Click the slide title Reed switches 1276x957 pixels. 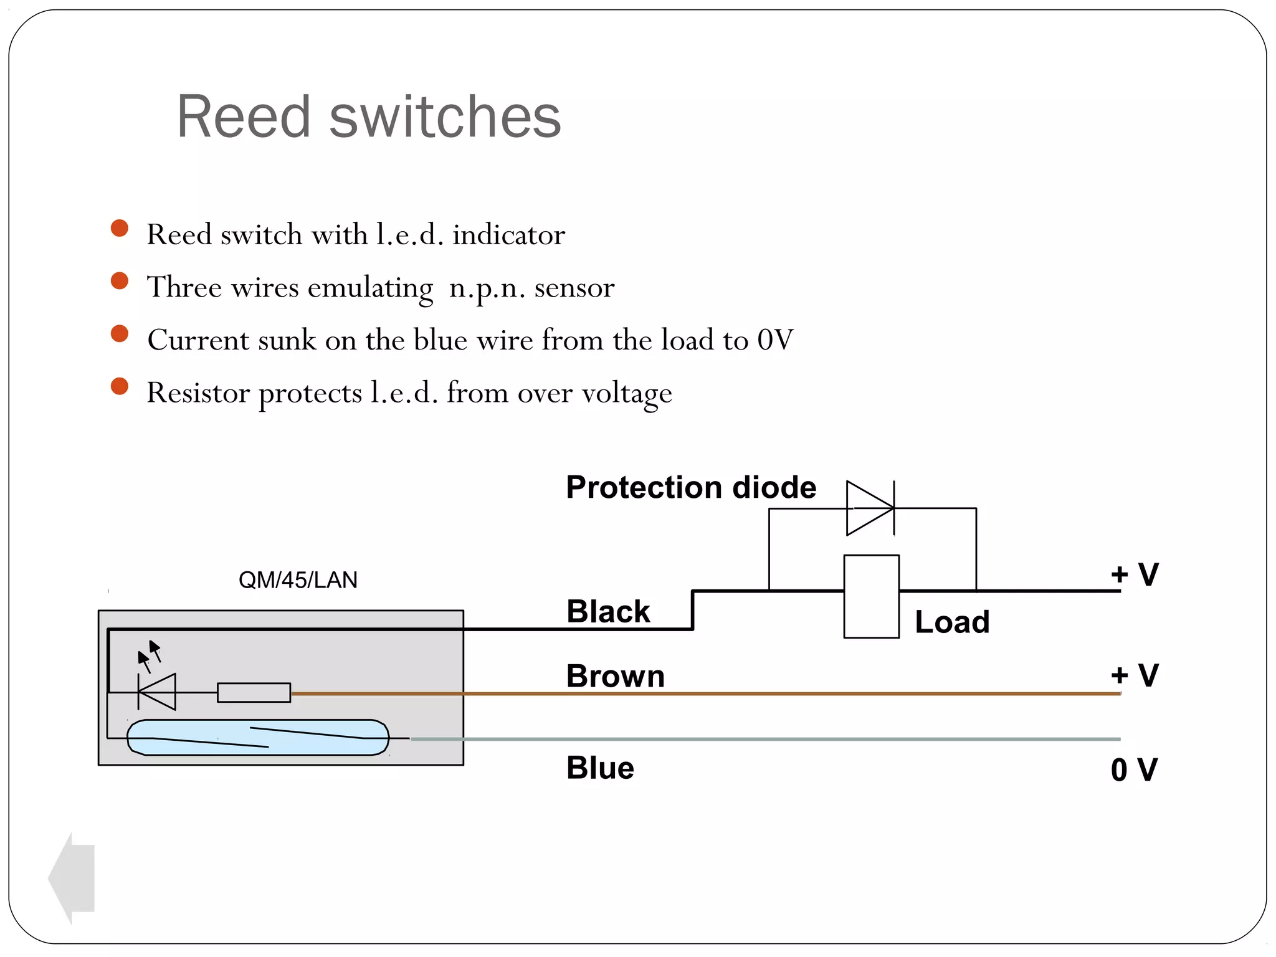[x=369, y=117]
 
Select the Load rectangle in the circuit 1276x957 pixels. [x=871, y=596]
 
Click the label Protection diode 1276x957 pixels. [x=690, y=487]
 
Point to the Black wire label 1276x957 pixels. [x=608, y=611]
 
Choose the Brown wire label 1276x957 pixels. [x=616, y=676]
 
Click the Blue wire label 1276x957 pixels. [x=600, y=768]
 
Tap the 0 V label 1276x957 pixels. [x=1134, y=770]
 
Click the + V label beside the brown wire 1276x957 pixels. [x=1135, y=675]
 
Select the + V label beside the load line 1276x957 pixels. [x=1135, y=574]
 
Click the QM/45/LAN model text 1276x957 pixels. [x=298, y=580]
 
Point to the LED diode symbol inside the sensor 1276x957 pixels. [x=158, y=692]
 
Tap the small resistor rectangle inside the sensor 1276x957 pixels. [x=254, y=693]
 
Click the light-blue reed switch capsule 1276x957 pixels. [x=258, y=738]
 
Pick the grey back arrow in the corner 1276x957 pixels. [x=72, y=878]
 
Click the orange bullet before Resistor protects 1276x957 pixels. [x=120, y=386]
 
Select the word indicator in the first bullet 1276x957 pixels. [x=508, y=235]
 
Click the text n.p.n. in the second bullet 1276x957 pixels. [x=487, y=288]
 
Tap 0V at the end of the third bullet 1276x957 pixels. [x=775, y=340]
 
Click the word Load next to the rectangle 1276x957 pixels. [x=952, y=622]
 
